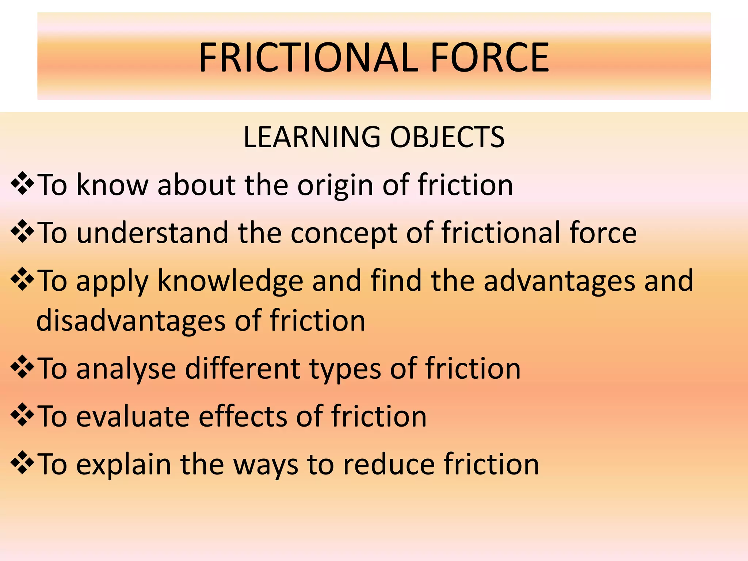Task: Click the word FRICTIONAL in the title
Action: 308,58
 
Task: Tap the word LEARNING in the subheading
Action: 312,137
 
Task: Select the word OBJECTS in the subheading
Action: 447,137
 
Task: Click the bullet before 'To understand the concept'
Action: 22,231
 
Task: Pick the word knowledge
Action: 230,281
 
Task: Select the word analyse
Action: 126,369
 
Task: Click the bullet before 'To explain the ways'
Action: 22,462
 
